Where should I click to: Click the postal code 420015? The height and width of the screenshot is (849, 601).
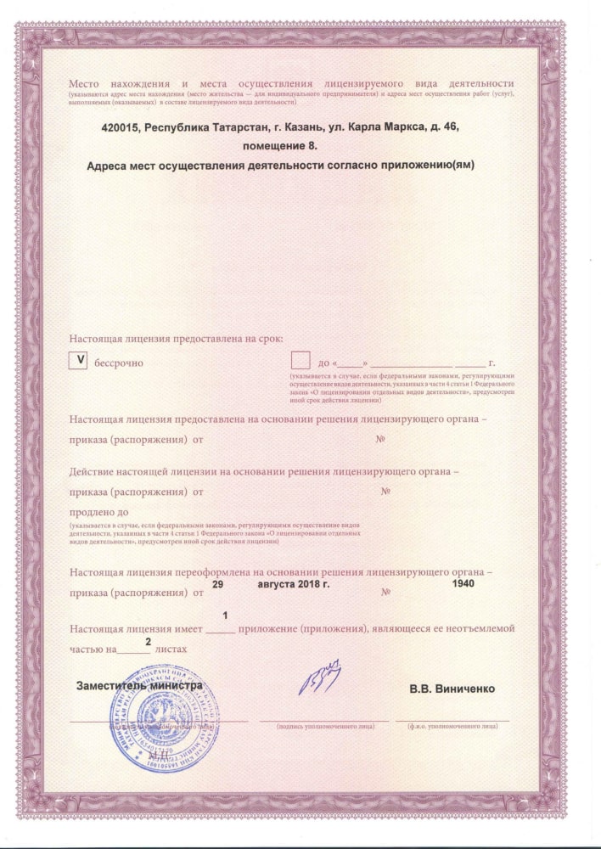point(121,126)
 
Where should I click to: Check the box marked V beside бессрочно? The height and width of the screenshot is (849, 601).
point(79,360)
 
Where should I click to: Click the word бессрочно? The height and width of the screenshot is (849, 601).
point(117,363)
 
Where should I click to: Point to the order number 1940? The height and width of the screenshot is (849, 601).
point(464,583)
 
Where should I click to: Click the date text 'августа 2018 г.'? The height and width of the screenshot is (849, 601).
point(293,585)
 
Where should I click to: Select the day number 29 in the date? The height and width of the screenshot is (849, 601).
point(217,585)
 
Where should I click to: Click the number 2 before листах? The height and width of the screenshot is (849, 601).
point(148,643)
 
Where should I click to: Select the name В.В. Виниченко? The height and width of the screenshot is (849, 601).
point(452,688)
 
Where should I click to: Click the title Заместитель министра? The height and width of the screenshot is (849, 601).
point(140,684)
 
